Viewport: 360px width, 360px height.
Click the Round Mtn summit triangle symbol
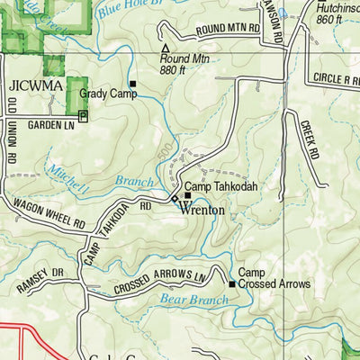tap(165, 49)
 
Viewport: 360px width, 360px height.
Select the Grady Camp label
tap(103, 93)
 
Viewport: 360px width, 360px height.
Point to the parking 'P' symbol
tap(84, 116)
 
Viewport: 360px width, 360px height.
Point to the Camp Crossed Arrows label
tap(274, 278)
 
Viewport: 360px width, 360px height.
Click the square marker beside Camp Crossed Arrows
tap(231, 284)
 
